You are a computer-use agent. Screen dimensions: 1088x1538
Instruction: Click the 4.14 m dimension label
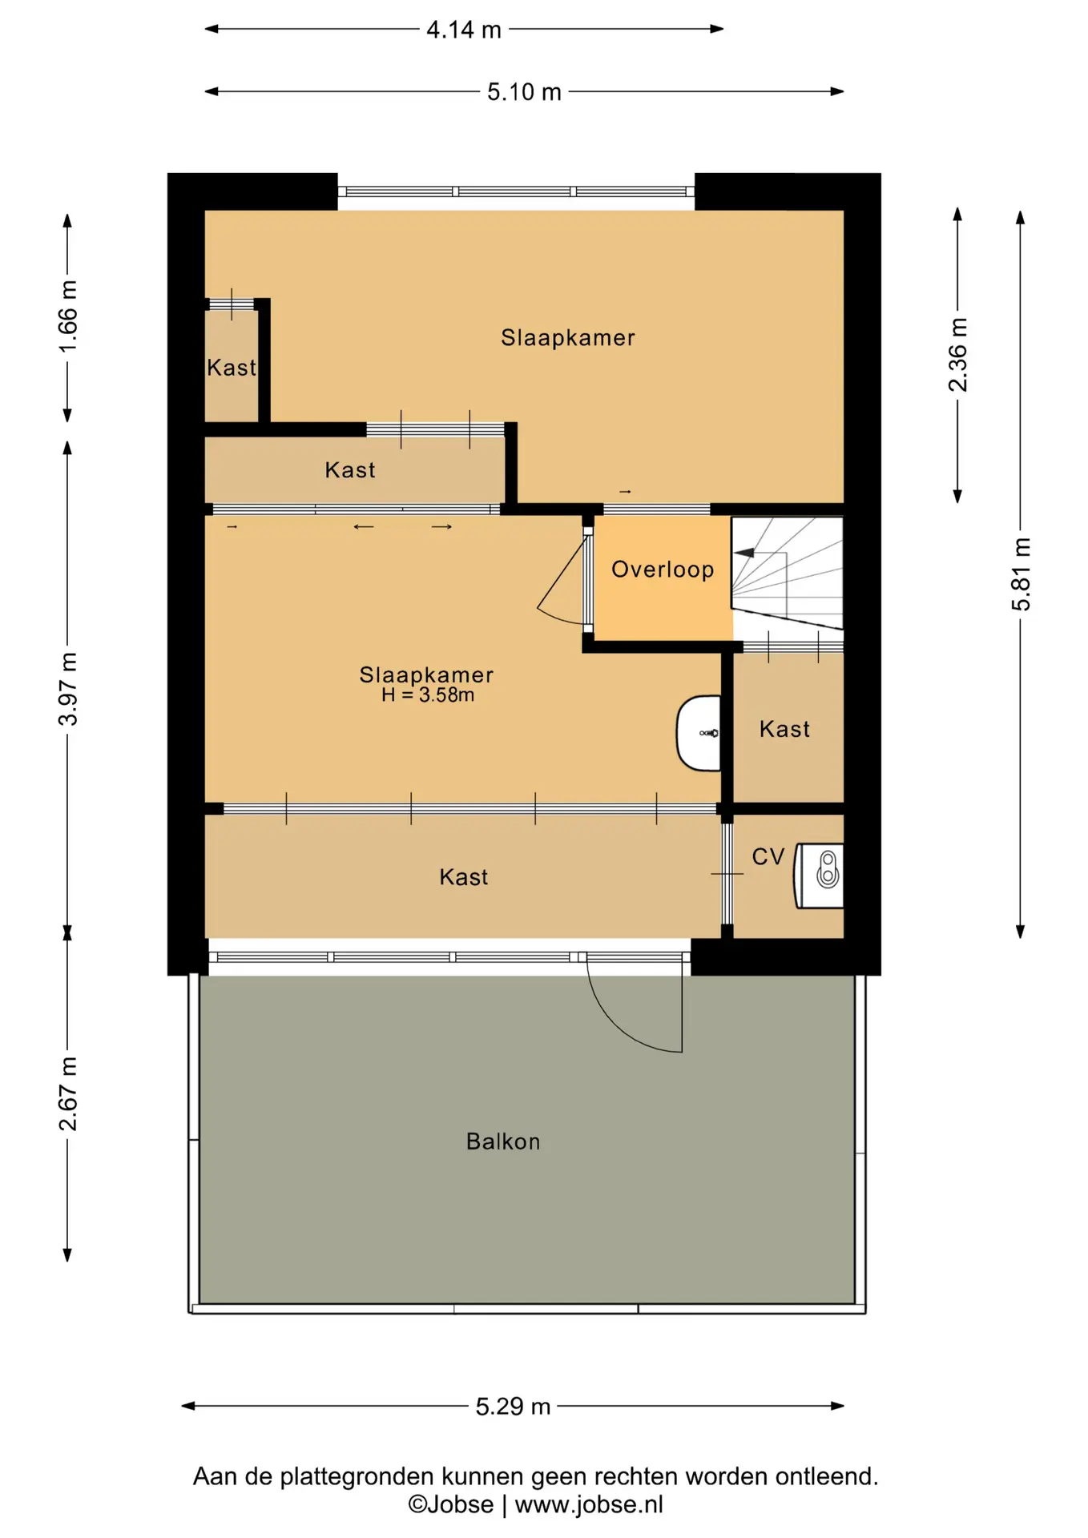(x=463, y=30)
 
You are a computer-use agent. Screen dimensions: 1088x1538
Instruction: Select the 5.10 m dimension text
(x=524, y=92)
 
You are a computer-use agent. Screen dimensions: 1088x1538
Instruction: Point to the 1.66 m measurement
(x=68, y=316)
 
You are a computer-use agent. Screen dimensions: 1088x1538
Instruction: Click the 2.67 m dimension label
(x=68, y=1093)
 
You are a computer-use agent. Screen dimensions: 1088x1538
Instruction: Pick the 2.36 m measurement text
(x=958, y=355)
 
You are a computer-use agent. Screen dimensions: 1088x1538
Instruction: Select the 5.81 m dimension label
(x=1021, y=574)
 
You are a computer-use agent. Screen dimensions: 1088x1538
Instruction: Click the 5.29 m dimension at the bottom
(x=513, y=1406)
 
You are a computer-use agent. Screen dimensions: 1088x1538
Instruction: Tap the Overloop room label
(x=663, y=570)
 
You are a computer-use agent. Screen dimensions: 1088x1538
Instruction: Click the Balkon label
(x=503, y=1141)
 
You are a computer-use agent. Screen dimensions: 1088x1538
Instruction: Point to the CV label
(x=768, y=857)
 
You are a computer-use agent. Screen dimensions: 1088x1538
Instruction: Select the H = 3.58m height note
(x=428, y=695)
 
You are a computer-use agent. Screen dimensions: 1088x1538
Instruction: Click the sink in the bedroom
(x=699, y=733)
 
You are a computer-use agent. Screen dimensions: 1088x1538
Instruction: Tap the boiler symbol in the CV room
(x=819, y=876)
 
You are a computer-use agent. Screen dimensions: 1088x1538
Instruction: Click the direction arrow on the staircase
(x=743, y=553)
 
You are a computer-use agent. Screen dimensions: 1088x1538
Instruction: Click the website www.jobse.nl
(x=589, y=1505)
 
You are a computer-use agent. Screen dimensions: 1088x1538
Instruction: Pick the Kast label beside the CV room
(x=784, y=730)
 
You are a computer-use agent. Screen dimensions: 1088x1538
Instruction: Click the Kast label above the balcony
(x=464, y=877)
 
